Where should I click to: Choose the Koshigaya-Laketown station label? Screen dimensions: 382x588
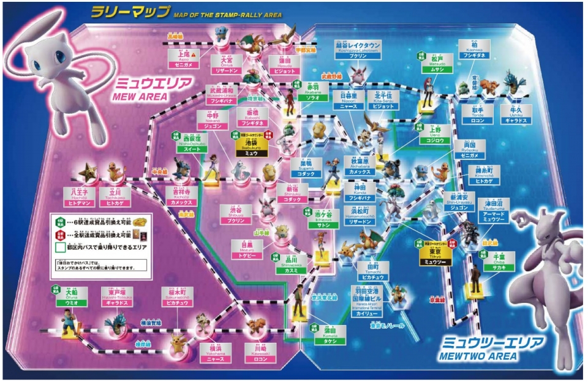(358, 48)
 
